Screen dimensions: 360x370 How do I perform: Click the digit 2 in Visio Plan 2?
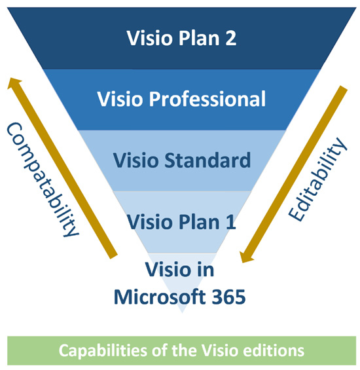[x=230, y=38]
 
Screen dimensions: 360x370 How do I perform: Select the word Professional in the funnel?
[x=207, y=99]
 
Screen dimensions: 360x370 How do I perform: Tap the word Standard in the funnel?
[x=207, y=160]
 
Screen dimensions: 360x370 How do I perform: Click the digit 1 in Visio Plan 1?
[x=230, y=222]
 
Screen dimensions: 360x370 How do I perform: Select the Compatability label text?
[x=43, y=179]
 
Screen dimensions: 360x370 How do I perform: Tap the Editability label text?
[x=317, y=179]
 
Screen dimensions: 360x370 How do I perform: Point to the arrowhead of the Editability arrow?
[x=246, y=257]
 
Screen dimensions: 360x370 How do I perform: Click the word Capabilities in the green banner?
[x=103, y=351]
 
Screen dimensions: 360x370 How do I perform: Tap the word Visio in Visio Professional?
[x=120, y=99]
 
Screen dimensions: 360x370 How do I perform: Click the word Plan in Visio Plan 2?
[x=199, y=38]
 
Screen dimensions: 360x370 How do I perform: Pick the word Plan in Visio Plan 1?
[x=200, y=222]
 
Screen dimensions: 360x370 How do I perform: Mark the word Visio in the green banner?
[x=221, y=350]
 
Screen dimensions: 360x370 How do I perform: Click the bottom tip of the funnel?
[x=182, y=313]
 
